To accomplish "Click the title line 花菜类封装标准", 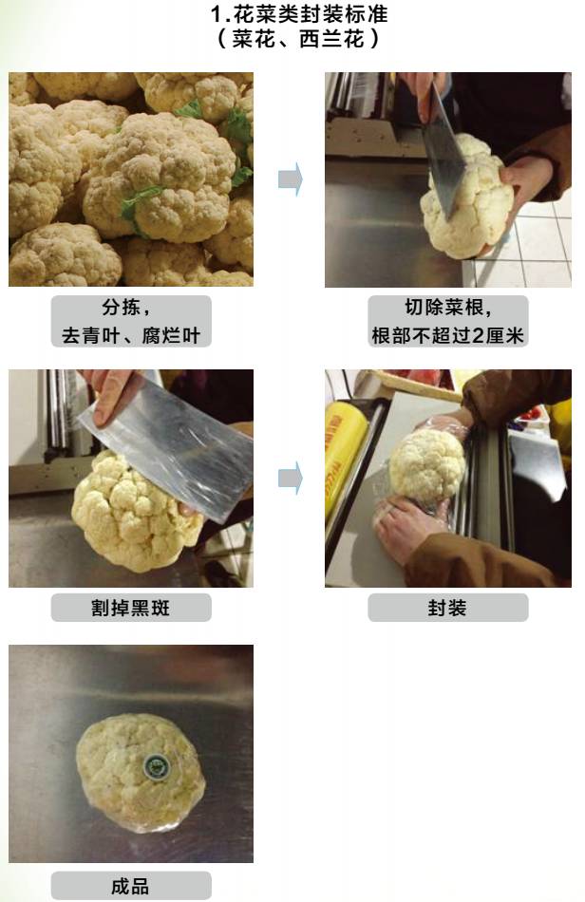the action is (x=299, y=13).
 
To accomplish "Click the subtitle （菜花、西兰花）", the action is (x=298, y=39).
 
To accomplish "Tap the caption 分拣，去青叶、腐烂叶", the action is (x=131, y=321).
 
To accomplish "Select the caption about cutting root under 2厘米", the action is (x=447, y=321).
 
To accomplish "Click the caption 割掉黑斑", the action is (x=131, y=608).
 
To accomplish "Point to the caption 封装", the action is (x=447, y=608).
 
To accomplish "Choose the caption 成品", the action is (x=130, y=886).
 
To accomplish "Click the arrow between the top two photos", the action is (x=291, y=179).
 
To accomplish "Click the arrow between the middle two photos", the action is (x=291, y=478).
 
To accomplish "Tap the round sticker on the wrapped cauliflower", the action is (x=155, y=765).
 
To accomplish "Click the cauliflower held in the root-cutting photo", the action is (x=467, y=198).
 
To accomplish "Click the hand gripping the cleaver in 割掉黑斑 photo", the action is (x=112, y=393).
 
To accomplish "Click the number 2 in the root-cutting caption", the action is (x=478, y=335).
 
